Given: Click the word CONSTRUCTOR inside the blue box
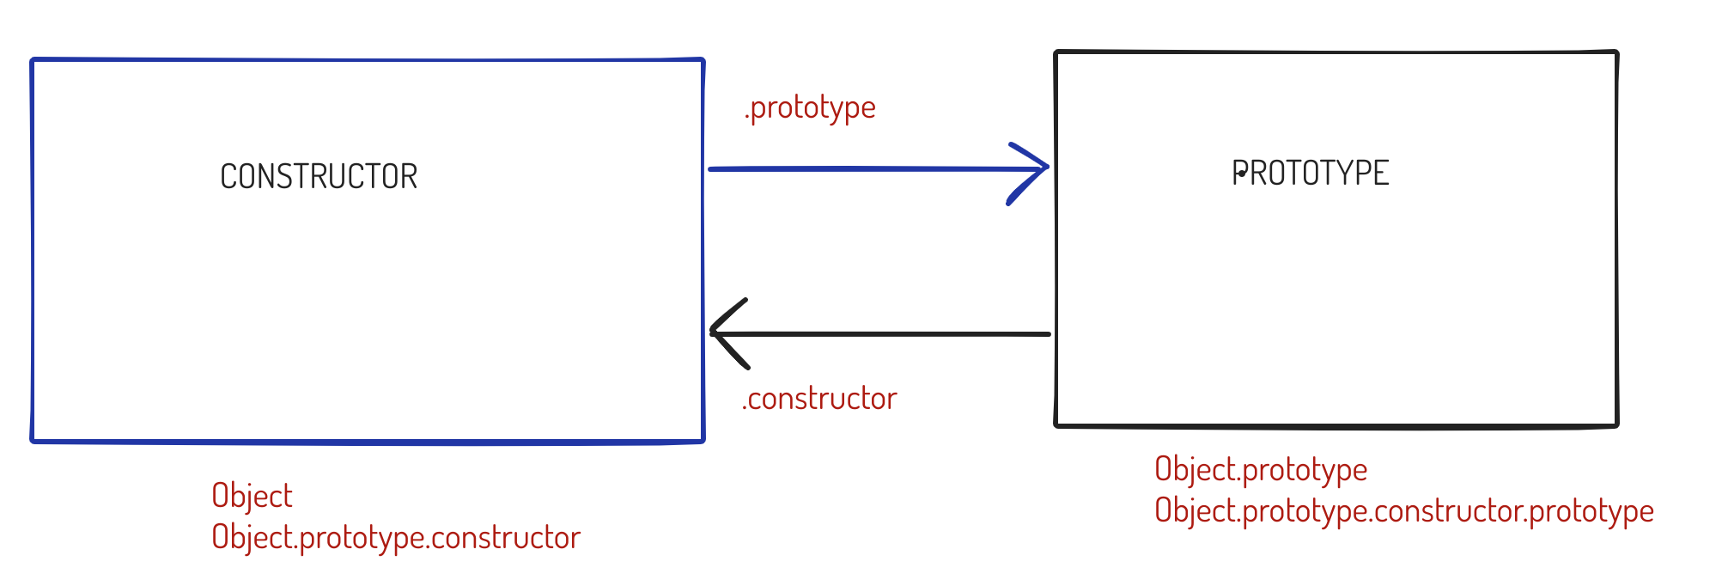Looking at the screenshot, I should click(319, 177).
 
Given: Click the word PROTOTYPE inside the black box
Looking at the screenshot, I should click(1311, 174).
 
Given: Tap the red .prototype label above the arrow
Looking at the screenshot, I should click(810, 108).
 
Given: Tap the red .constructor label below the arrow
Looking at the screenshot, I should click(819, 399).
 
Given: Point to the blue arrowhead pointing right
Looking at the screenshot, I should click(1035, 168).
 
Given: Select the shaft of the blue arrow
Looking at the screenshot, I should click(859, 169).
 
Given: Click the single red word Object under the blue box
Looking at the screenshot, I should click(252, 496).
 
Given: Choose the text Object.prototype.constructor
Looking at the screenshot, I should click(396, 538).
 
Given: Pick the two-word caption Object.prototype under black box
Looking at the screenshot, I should click(1261, 470).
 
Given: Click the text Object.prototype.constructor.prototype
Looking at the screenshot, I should click(1404, 511).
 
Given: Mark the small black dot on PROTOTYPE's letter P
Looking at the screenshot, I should click(1242, 174).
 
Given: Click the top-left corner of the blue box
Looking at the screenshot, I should click(33, 60).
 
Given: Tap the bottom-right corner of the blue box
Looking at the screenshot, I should click(703, 441).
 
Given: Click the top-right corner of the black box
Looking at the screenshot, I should click(1617, 52).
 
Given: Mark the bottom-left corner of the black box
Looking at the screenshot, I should click(1056, 424).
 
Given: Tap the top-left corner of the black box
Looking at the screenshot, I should click(1056, 52).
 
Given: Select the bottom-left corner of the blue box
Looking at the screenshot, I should click(33, 441).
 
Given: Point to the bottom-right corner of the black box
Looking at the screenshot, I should click(1617, 424).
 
